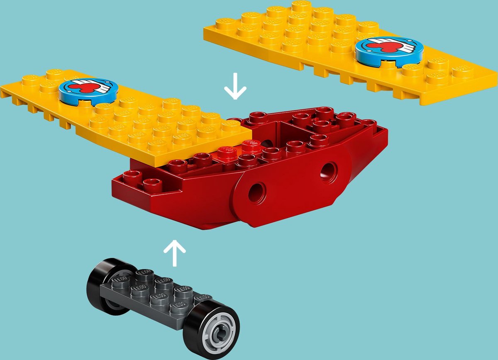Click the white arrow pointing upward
174,252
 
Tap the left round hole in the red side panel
258,192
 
